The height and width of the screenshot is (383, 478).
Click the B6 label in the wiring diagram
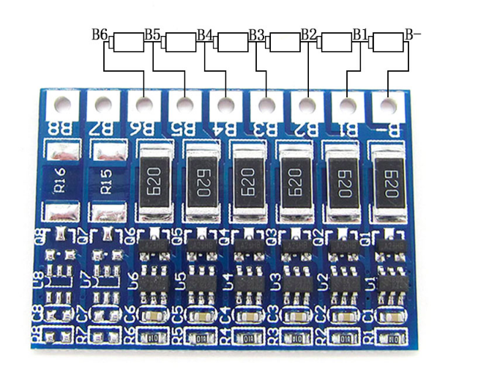[x=100, y=34]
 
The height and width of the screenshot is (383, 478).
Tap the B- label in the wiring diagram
[x=413, y=34]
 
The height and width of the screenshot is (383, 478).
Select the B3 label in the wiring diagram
[x=256, y=34]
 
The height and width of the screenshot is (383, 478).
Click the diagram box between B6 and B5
[x=128, y=42]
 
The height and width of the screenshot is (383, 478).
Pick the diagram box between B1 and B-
[x=388, y=42]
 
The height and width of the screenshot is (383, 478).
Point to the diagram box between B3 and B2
[x=284, y=42]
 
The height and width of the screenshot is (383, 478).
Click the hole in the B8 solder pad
[x=62, y=104]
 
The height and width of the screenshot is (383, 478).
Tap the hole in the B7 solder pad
[x=104, y=104]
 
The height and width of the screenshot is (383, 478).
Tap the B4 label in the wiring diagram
[x=205, y=34]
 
